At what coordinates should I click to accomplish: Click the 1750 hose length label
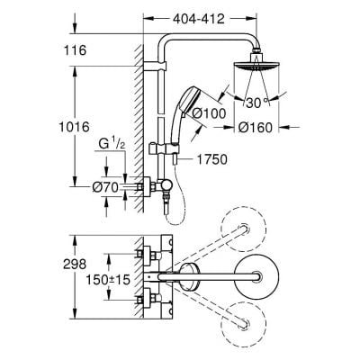[204, 159]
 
